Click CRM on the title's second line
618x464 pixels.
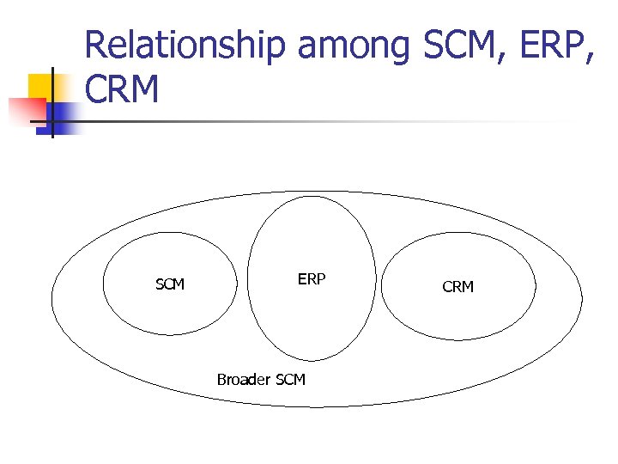point(122,89)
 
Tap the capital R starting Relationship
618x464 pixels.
point(95,46)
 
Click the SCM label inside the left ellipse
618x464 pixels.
point(170,284)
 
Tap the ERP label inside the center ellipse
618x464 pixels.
point(312,279)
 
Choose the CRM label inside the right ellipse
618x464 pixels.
point(457,287)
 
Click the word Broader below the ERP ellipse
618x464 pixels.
point(242,379)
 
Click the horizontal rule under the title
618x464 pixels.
point(343,121)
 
